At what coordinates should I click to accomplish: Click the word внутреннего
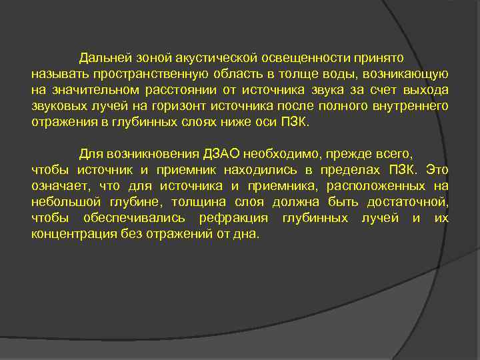410,106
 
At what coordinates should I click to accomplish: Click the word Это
437,169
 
